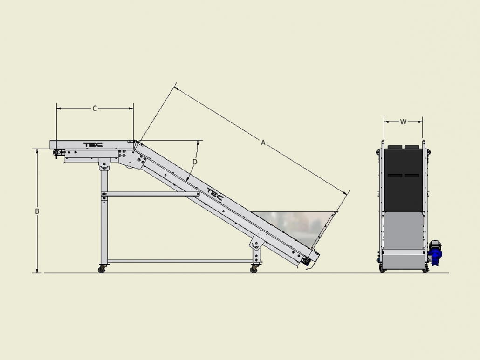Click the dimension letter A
click(x=263, y=142)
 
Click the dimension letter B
click(x=37, y=211)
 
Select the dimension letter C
click(x=95, y=109)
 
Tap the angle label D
click(x=195, y=162)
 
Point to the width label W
click(x=403, y=122)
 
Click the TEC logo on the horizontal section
click(x=93, y=145)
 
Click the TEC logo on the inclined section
click(x=215, y=194)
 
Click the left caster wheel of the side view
click(x=102, y=269)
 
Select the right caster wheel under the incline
click(x=254, y=269)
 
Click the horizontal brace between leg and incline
click(x=151, y=194)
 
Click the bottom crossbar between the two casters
click(x=180, y=261)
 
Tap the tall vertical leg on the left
click(x=104, y=217)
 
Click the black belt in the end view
click(x=403, y=180)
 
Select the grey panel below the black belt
click(x=403, y=231)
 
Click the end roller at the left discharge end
click(x=56, y=153)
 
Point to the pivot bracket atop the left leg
click(x=104, y=164)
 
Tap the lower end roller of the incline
click(x=306, y=261)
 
